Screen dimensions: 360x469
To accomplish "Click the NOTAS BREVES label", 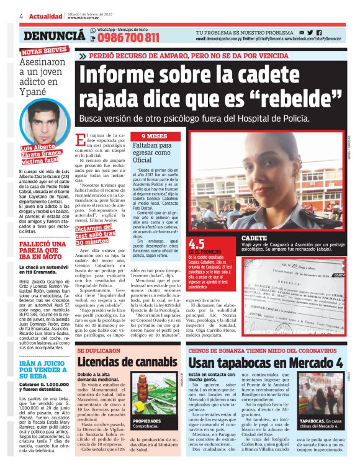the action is pyautogui.click(x=44, y=52).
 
